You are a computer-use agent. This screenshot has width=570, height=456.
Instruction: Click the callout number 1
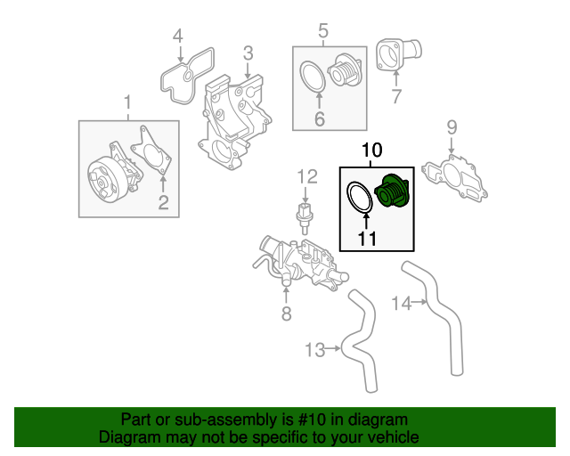pos(127,102)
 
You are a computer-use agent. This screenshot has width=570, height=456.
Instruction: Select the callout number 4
pos(178,37)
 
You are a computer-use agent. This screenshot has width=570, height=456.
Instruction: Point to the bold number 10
pos(371,151)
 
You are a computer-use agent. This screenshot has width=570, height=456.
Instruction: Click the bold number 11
pos(367,238)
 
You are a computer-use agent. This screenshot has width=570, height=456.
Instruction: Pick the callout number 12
pos(306,175)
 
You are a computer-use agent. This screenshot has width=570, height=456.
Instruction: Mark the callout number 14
pos(402,304)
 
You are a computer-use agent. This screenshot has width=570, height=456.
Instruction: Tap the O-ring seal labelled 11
pos(359,198)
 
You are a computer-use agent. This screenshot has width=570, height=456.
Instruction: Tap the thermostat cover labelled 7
pos(390,55)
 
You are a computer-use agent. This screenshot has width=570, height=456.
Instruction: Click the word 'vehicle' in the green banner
pos(389,438)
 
